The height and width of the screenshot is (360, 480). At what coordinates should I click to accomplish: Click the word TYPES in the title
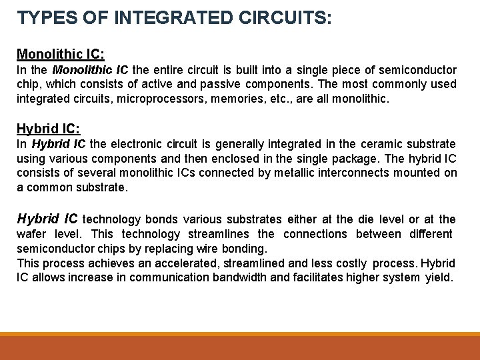coord(41,18)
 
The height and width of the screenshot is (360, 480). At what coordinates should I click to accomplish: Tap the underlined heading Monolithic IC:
coord(61,53)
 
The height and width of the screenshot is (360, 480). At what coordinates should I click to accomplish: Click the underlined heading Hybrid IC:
coord(48,128)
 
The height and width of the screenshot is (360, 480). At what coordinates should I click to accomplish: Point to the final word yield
coord(439,278)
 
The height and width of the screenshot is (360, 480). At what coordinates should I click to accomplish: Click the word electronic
coord(139,144)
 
